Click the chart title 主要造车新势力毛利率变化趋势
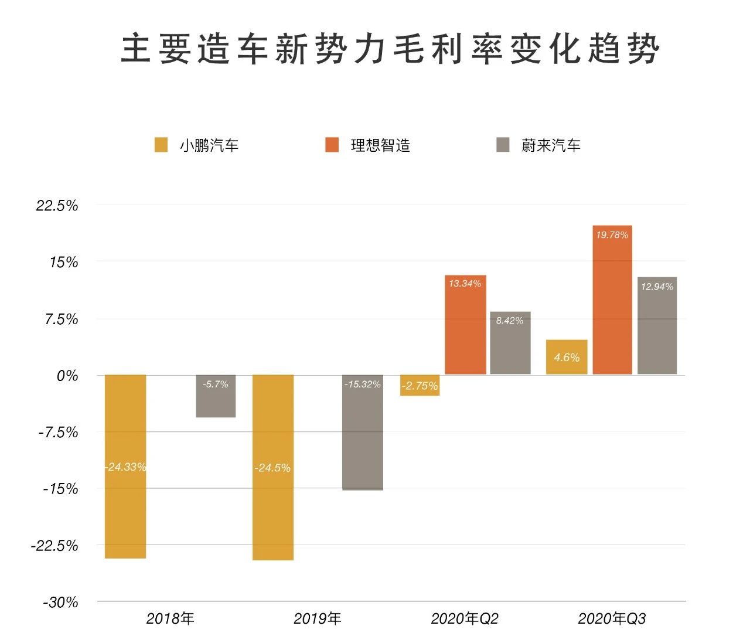pos(390,49)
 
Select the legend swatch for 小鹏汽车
pos(161,145)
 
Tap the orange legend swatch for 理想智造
pos(332,145)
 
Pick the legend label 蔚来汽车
pos(551,145)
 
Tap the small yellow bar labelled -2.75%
pos(420,386)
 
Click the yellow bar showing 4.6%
pos(567,357)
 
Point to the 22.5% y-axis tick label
pos(57,206)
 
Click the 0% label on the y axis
pos(67,376)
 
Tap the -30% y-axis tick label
pos(60,603)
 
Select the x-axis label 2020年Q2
pos(465,618)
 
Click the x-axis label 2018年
pos(170,618)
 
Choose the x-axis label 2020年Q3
pos(612,618)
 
